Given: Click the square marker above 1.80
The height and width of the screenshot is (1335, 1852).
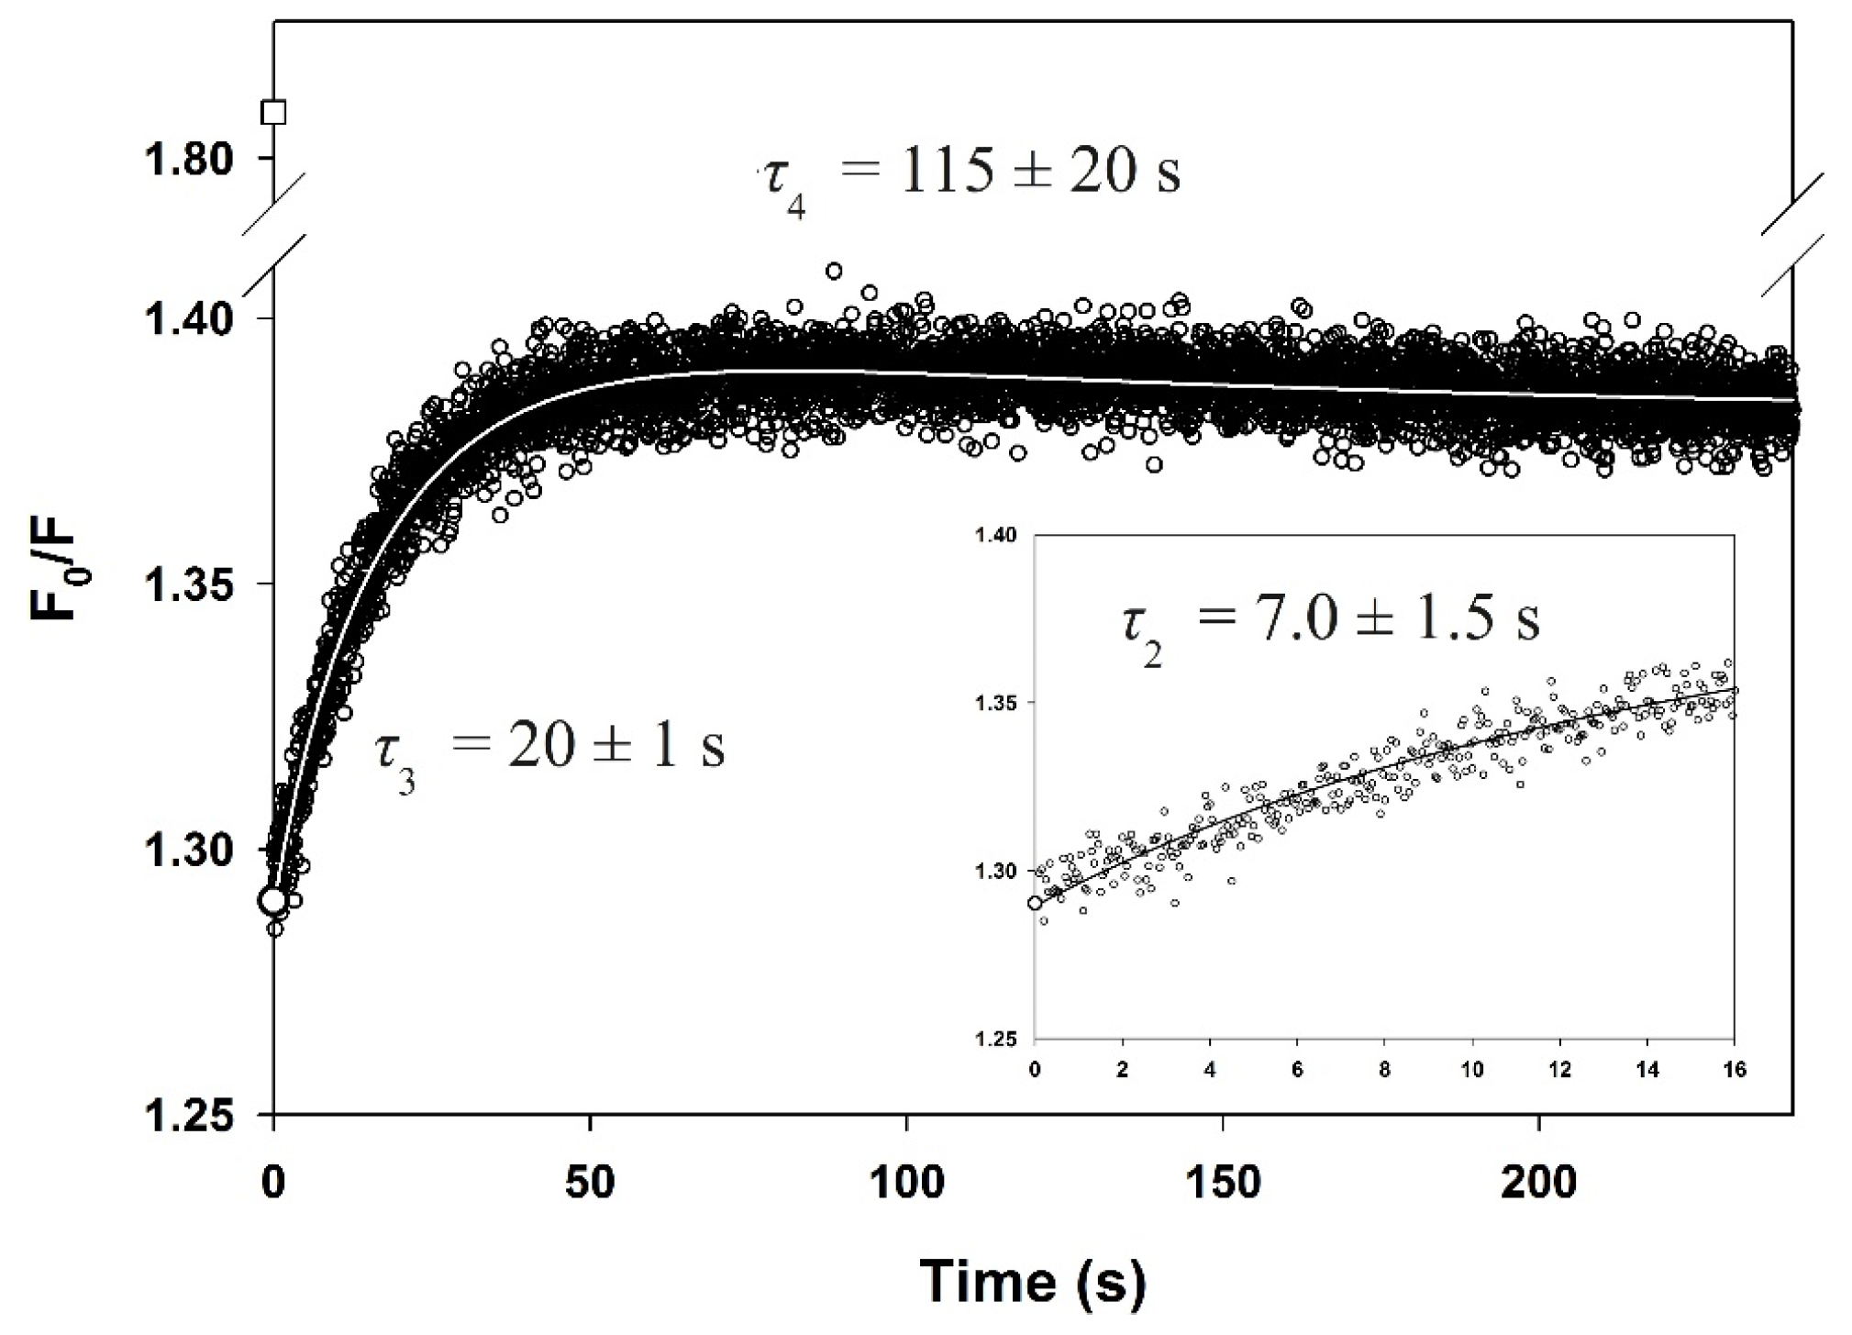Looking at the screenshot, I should pyautogui.click(x=273, y=113).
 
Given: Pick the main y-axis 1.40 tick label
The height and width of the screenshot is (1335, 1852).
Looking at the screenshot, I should pyautogui.click(x=189, y=319).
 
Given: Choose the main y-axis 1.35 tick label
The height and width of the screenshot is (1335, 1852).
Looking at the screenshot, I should pyautogui.click(x=189, y=584).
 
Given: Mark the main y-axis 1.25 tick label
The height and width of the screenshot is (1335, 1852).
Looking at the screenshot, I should pyautogui.click(x=189, y=1115).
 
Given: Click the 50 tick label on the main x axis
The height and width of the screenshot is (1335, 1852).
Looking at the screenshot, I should pyautogui.click(x=589, y=1184).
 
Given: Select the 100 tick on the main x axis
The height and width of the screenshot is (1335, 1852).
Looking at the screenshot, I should pyautogui.click(x=905, y=1184).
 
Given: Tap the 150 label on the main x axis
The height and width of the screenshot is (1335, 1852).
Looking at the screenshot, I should pyautogui.click(x=1222, y=1184).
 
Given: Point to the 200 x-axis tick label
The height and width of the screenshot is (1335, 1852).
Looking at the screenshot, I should pyautogui.click(x=1538, y=1184).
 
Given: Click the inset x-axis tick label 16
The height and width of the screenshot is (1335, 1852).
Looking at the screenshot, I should pyautogui.click(x=1733, y=1070).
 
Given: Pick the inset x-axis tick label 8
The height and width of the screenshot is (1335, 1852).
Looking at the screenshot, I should pyautogui.click(x=1384, y=1070).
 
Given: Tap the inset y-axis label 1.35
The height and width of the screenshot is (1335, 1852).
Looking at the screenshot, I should pyautogui.click(x=1002, y=703).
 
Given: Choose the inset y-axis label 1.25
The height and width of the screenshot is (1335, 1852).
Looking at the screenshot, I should pyautogui.click(x=1002, y=1040).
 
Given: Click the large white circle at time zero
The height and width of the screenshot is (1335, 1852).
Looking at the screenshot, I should pyautogui.click(x=272, y=901).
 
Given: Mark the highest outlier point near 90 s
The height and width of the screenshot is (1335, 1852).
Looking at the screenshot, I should pyautogui.click(x=834, y=271).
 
